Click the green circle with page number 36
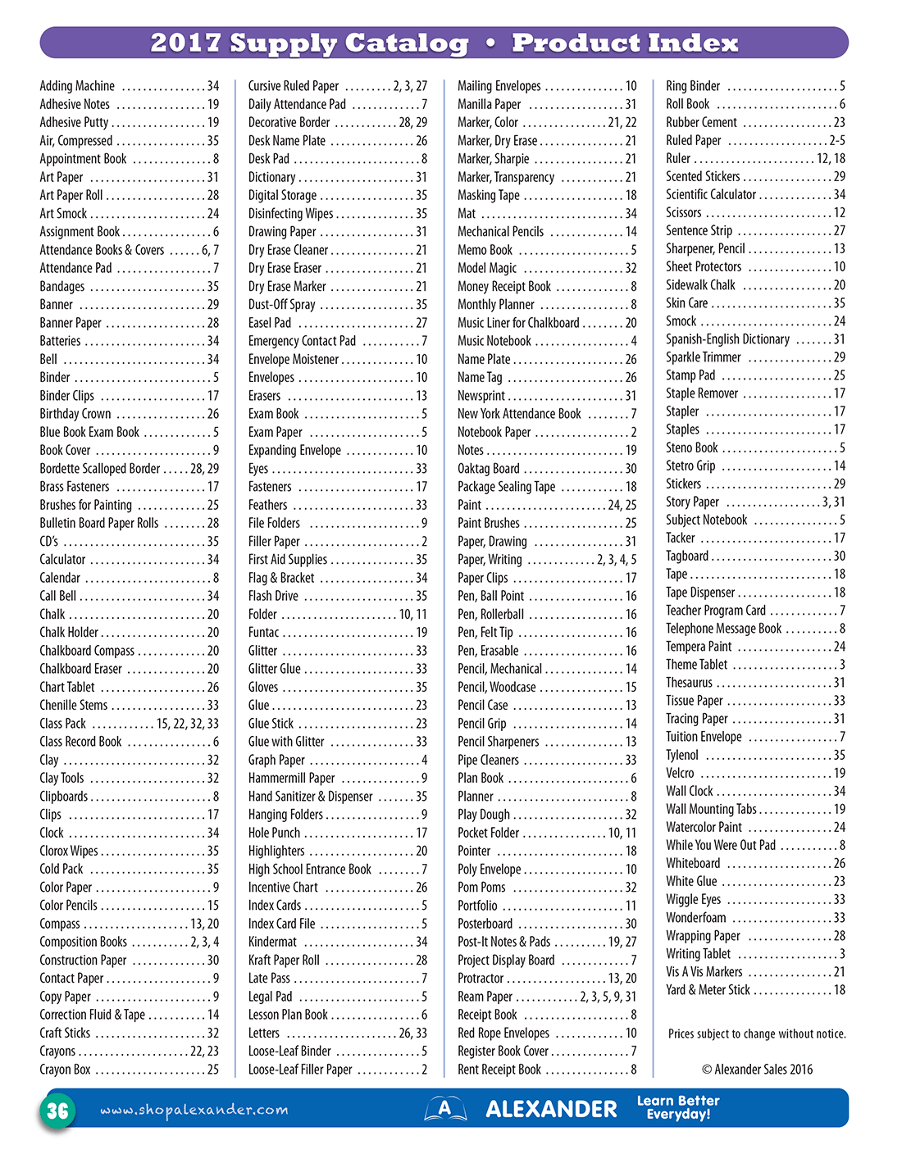point(57,1111)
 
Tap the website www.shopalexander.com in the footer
point(194,1110)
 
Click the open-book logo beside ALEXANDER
point(444,1109)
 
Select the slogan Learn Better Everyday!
point(678,1107)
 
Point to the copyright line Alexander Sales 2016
point(757,1069)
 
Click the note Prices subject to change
point(757,1034)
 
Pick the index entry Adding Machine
point(77,86)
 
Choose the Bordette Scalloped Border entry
point(100,469)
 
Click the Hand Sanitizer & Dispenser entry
point(310,797)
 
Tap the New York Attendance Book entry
point(519,414)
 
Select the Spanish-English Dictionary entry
point(727,339)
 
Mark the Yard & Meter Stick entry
point(708,990)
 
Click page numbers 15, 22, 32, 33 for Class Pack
point(188,724)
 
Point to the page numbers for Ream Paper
point(608,997)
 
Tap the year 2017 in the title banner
point(185,43)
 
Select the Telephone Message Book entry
point(723,629)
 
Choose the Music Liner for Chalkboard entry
point(518,323)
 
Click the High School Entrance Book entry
point(310,870)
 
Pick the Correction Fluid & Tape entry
point(93,1015)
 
